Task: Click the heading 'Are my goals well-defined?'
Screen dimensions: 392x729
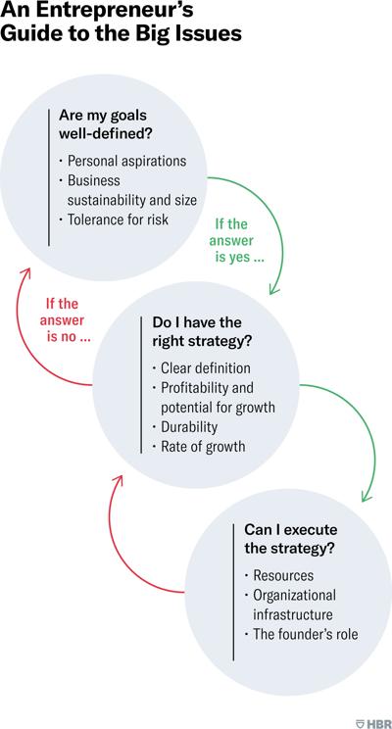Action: (107, 124)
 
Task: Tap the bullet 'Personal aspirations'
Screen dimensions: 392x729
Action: (122, 161)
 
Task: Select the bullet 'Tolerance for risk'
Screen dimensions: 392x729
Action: (114, 219)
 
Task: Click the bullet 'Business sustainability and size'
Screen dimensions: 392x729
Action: (127, 190)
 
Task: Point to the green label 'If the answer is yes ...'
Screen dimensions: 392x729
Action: (237, 240)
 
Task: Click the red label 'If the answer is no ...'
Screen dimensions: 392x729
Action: (65, 320)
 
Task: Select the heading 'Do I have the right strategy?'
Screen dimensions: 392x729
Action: (202, 332)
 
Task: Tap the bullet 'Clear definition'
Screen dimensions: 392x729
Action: (201, 368)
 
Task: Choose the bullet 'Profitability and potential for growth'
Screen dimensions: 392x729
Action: (214, 397)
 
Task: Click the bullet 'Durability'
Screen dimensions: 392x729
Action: (184, 426)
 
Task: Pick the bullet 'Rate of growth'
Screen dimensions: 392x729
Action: (199, 447)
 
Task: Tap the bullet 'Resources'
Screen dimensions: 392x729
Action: (279, 575)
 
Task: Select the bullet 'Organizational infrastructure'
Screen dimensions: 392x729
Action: (290, 605)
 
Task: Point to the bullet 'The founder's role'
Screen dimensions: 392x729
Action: (301, 634)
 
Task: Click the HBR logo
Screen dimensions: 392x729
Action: (372, 723)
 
